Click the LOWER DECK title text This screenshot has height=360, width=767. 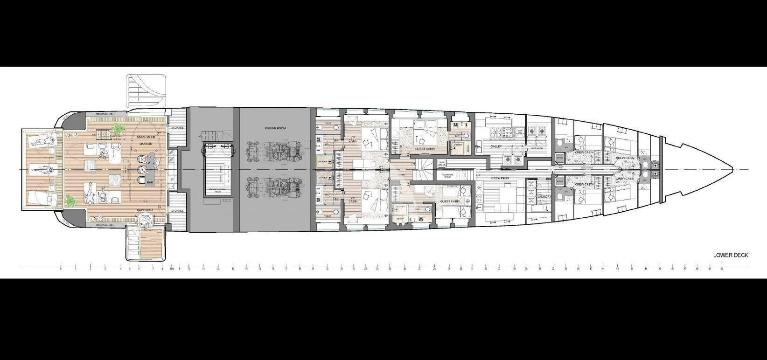tap(730, 255)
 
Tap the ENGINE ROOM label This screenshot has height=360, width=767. tap(275, 128)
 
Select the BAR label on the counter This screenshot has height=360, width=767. tap(150, 182)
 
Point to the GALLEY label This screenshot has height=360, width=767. tap(495, 146)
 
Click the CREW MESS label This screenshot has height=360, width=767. tap(500, 178)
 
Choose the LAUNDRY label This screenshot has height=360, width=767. tap(544, 196)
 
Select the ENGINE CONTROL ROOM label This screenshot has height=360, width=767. tap(218, 190)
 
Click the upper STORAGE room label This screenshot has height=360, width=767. tap(177, 127)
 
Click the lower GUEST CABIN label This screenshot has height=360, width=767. tap(450, 201)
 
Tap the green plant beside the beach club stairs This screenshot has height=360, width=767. tap(119, 128)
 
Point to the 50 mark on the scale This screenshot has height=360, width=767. tap(722, 269)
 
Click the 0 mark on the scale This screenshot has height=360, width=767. tap(61, 269)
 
